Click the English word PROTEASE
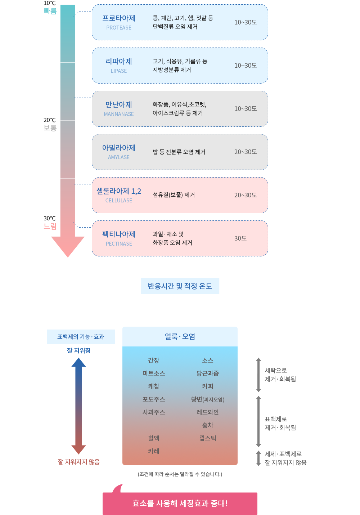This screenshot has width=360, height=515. click(x=119, y=28)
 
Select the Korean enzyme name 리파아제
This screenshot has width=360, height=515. click(x=119, y=61)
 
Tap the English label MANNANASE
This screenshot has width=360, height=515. click(x=119, y=114)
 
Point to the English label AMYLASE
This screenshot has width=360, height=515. click(x=119, y=157)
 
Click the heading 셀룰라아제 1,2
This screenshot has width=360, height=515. click(x=119, y=191)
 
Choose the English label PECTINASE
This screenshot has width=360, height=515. click(x=119, y=244)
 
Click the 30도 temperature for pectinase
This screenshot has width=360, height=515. click(x=240, y=238)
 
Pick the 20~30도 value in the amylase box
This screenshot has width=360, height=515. click(x=245, y=152)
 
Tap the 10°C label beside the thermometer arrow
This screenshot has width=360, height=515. click(x=49, y=3)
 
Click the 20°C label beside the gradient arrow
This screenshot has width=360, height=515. click(x=49, y=120)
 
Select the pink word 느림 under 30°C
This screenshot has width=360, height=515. click(x=50, y=226)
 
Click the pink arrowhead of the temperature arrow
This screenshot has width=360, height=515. click(x=68, y=246)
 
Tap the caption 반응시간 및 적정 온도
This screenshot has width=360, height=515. click(x=180, y=286)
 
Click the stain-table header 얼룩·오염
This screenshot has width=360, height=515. click(x=180, y=337)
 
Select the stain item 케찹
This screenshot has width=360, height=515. click(x=154, y=386)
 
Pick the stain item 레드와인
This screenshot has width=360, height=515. click(x=207, y=412)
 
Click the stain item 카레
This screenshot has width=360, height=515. click(x=154, y=451)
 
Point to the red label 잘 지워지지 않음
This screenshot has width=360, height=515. click(x=78, y=462)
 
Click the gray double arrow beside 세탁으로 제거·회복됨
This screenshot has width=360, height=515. click(x=258, y=375)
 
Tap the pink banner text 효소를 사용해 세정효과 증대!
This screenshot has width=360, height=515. click(x=180, y=503)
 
